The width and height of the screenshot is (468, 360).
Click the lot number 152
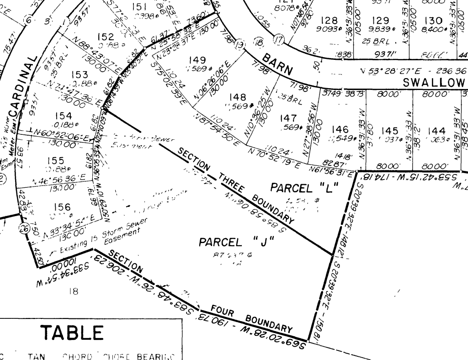point(106,37)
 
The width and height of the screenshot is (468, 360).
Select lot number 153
point(80,74)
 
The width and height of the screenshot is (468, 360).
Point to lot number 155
point(55,161)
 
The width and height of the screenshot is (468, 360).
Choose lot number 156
point(62,207)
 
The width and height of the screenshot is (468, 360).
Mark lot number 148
point(238,97)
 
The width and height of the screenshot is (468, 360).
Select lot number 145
point(390,131)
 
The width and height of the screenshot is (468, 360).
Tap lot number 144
point(437,131)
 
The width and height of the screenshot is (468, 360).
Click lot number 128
point(329,21)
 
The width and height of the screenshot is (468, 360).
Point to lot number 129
point(380,21)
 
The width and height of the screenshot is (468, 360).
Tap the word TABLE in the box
point(72,333)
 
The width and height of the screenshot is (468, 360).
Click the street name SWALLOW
point(434,82)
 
